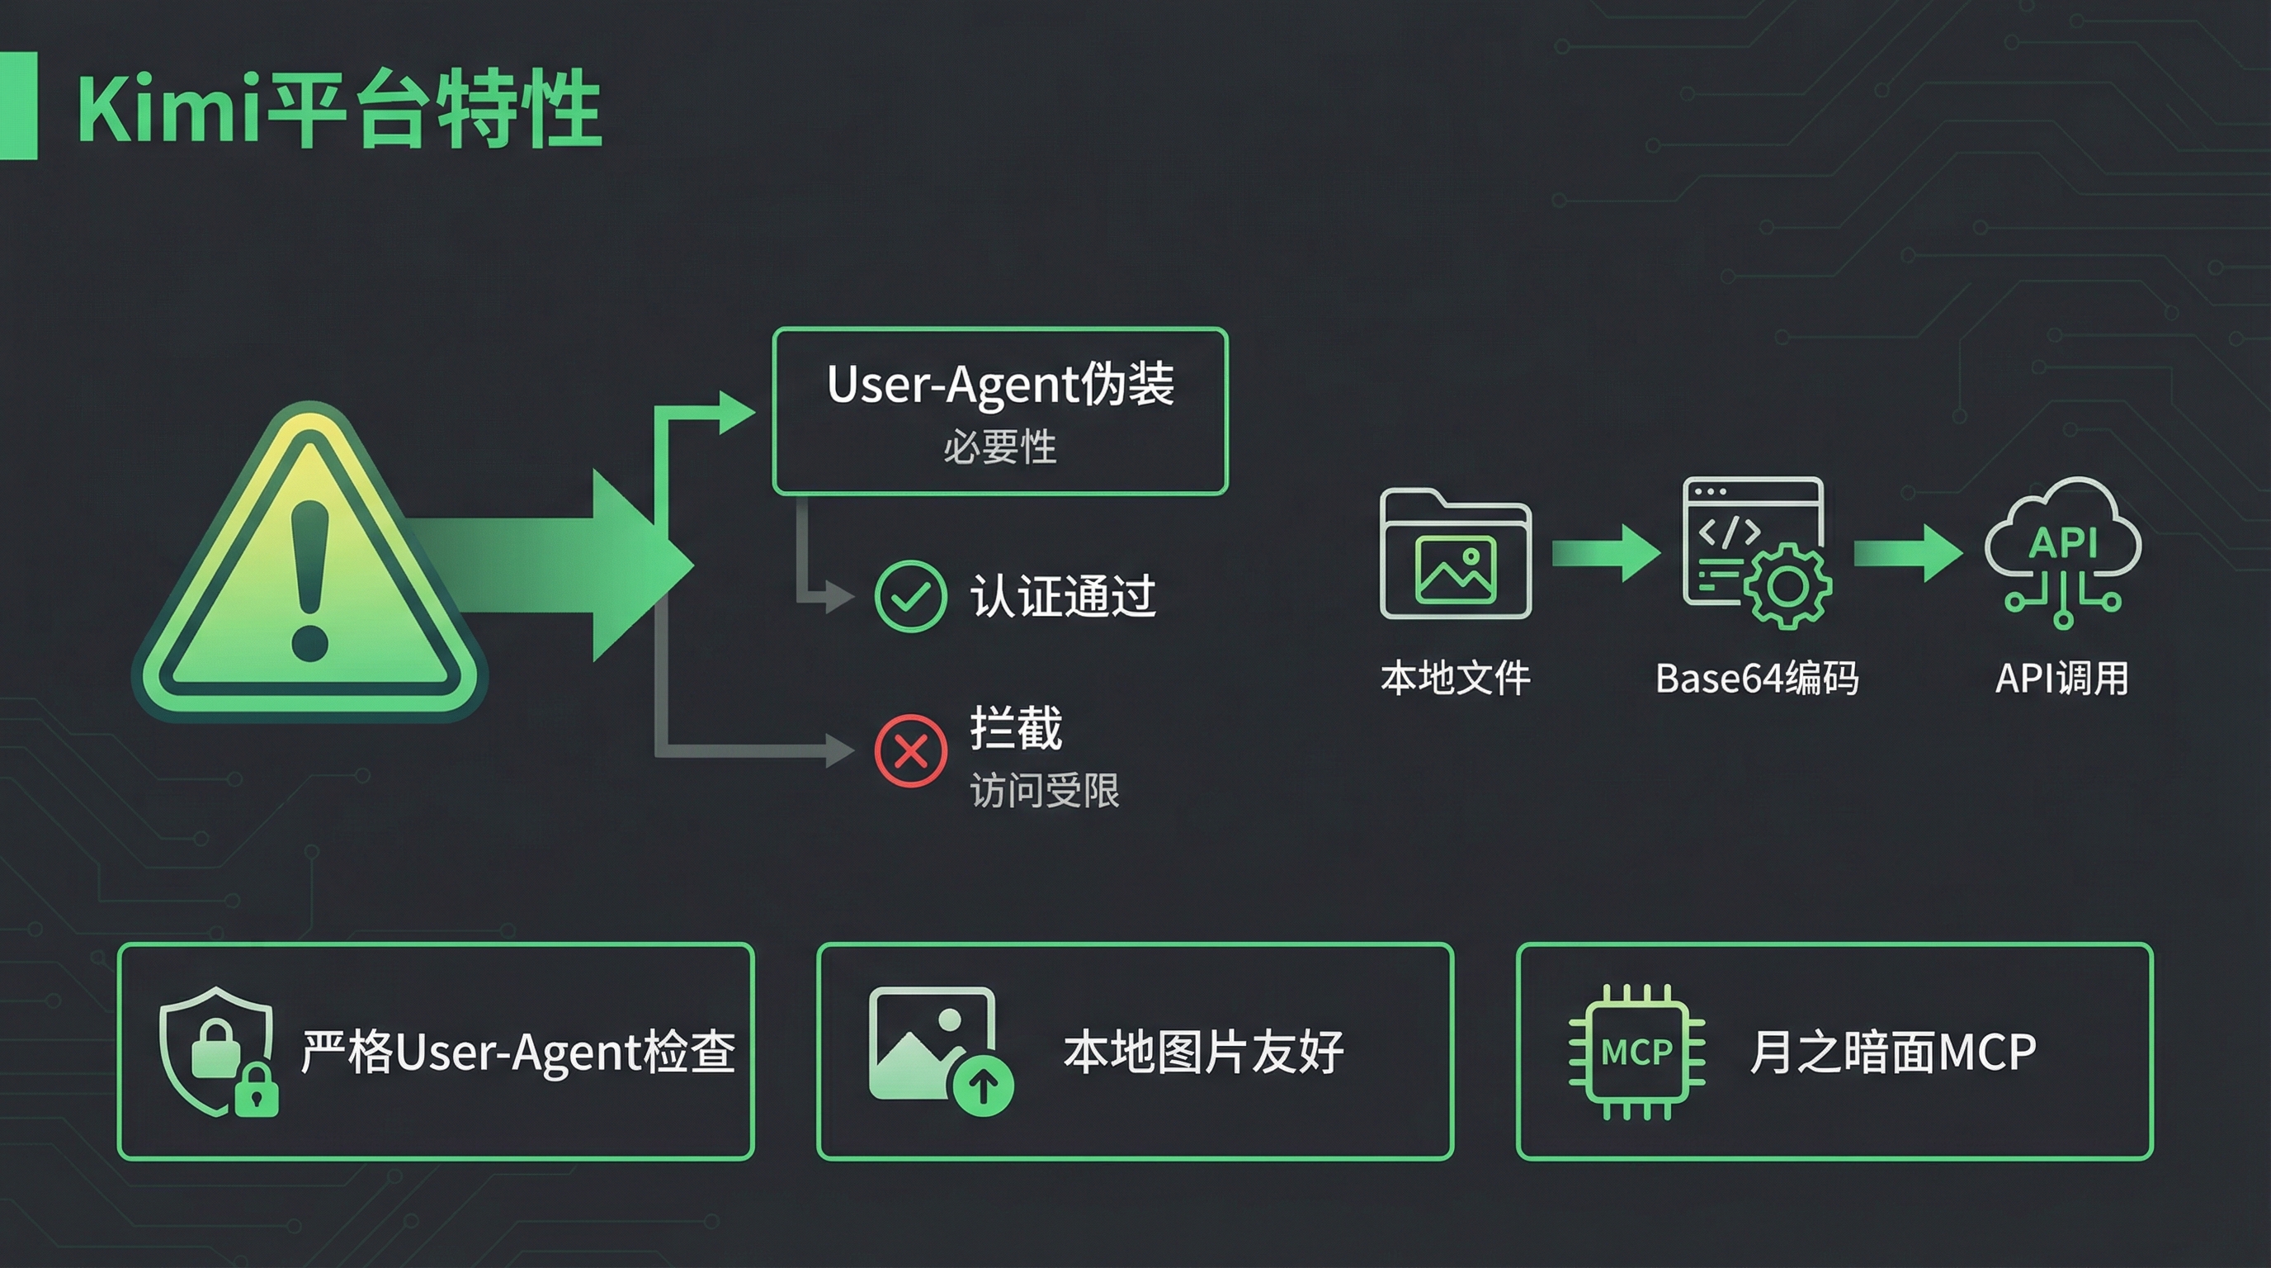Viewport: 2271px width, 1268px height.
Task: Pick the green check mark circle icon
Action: coord(910,596)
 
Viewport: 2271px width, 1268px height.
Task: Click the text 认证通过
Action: coord(1063,596)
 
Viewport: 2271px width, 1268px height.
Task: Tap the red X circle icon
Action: coord(910,750)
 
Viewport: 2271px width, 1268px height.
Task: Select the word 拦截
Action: coord(1016,728)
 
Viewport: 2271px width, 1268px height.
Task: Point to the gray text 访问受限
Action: coord(1045,790)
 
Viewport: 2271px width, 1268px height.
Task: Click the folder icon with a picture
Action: coord(1455,555)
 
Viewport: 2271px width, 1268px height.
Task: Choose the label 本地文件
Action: coord(1455,678)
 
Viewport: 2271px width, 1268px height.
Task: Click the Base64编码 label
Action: coord(1756,678)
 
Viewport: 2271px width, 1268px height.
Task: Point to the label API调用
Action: coord(2062,678)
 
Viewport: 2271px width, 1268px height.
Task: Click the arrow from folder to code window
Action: coord(1604,553)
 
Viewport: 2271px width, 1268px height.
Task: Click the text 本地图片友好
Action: coord(1203,1051)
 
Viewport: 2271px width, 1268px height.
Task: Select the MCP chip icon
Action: coord(1636,1051)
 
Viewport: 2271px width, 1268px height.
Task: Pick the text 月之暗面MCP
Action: coord(1893,1051)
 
